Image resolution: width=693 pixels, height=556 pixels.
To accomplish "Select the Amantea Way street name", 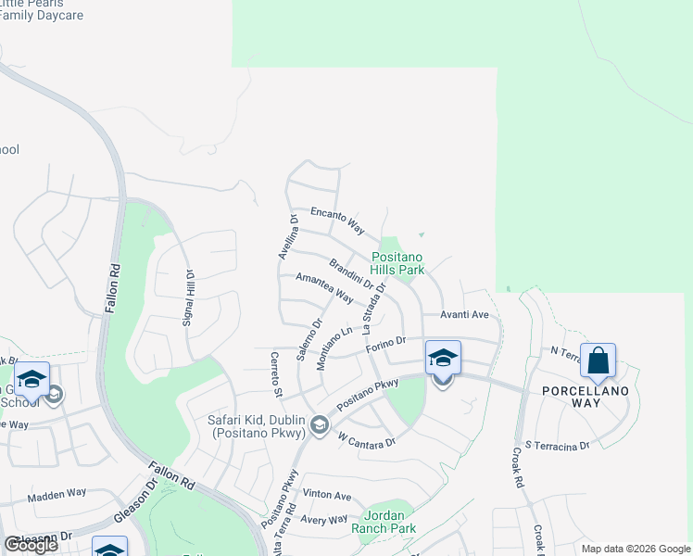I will click(323, 288).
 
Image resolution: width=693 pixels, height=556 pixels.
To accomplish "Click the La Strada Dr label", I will click(373, 310).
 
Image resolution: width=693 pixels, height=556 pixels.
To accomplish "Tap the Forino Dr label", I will click(385, 345).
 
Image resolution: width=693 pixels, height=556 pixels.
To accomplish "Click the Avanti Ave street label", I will click(464, 314).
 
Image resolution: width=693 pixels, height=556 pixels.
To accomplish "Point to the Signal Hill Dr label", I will click(188, 297).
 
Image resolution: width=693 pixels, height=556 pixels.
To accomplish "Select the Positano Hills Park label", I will click(397, 263).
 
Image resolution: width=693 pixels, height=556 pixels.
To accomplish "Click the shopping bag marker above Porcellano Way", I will click(598, 360).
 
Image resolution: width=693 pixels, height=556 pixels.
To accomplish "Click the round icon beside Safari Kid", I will click(320, 424).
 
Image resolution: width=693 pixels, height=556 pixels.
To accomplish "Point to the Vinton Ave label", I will click(327, 496).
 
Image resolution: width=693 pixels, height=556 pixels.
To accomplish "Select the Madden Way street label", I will click(57, 497).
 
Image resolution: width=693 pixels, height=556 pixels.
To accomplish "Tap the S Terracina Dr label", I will click(556, 446).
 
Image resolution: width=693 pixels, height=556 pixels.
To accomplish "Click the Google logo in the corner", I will click(31, 545).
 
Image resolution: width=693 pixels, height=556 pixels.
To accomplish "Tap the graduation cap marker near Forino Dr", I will click(443, 358).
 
